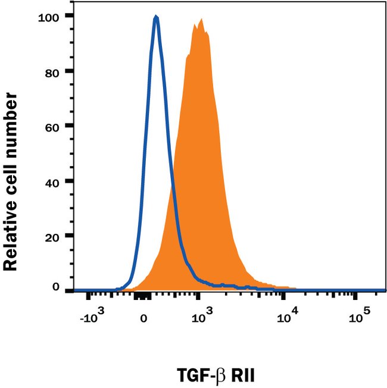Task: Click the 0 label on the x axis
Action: (x=143, y=318)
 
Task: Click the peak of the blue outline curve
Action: (x=156, y=17)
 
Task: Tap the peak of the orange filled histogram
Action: (x=201, y=20)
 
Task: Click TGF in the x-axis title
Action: (x=192, y=375)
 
